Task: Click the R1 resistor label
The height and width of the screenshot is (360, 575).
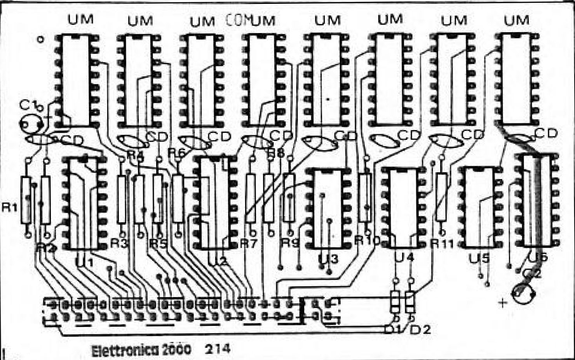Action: pos(9,207)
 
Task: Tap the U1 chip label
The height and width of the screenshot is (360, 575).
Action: pos(84,263)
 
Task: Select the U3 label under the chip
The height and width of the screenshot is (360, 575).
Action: pos(328,259)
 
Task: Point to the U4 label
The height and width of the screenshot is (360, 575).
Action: pos(404,257)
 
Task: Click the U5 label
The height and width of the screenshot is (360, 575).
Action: pos(479,258)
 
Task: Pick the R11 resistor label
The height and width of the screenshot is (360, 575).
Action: pos(443,244)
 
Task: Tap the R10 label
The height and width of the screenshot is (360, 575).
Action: pos(367,241)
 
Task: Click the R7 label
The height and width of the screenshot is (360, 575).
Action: pos(249,244)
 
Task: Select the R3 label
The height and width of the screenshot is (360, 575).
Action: pos(119,243)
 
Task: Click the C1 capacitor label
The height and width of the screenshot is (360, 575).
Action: pos(30,105)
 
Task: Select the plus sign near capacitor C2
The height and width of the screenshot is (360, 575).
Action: pos(503,302)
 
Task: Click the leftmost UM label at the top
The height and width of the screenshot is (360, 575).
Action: pos(80,19)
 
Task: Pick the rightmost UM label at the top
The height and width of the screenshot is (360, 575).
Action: pos(516,20)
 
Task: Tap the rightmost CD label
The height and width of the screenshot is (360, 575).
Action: pos(546,133)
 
